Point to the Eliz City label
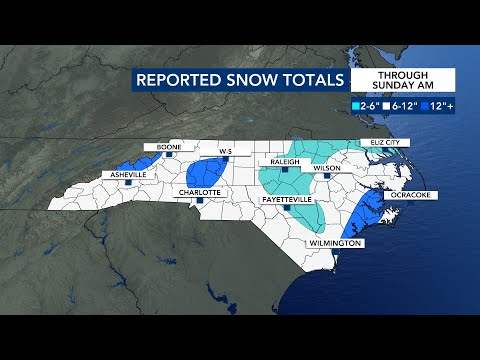[x=384, y=142]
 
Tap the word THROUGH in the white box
[x=404, y=74]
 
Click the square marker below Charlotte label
[x=200, y=201]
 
